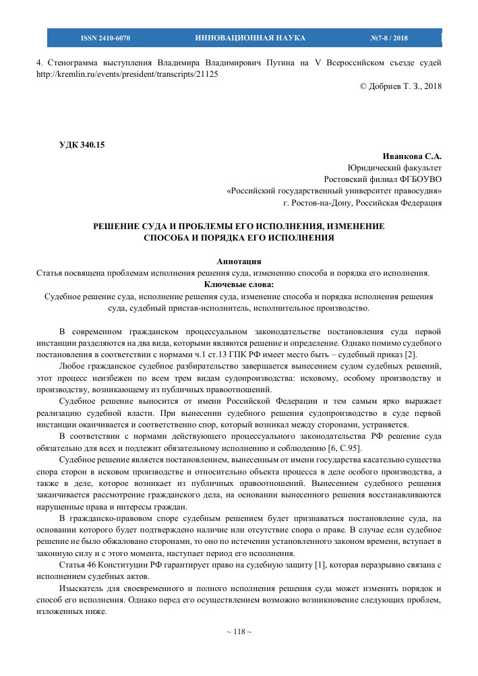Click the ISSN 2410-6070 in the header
coord(105,38)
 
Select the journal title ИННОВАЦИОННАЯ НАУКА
coord(250,38)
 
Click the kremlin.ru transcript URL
coord(127,74)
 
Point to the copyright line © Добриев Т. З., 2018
coord(401,86)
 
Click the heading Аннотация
coord(239,261)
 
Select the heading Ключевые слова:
coord(239,284)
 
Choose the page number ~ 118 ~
coord(239,632)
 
